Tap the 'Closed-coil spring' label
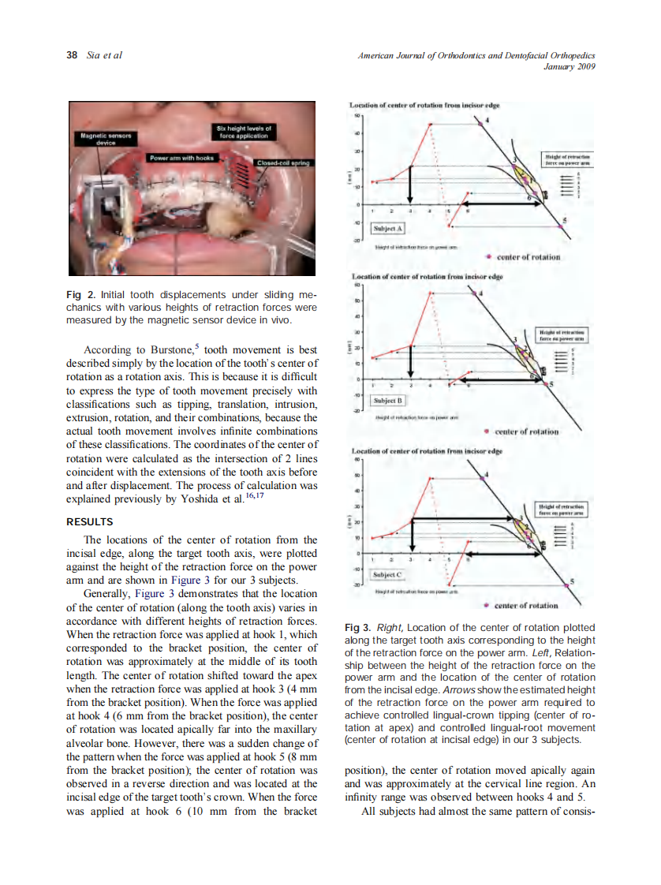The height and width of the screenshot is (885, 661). [283, 163]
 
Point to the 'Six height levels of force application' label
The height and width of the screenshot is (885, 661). [245, 131]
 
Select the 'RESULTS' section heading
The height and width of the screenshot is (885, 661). [90, 521]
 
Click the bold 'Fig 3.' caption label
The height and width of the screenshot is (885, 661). [359, 628]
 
